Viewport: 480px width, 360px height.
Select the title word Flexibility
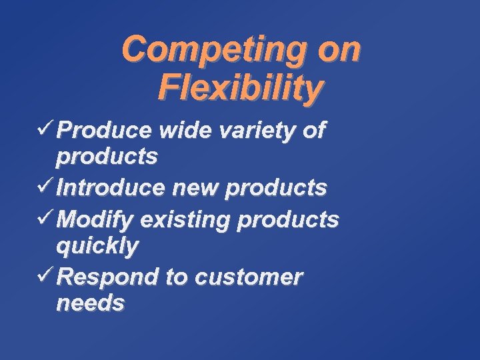coord(241,87)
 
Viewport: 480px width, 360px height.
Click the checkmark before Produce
coord(45,128)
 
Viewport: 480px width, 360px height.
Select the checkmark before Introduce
coord(45,186)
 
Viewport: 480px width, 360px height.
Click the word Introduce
coord(114,189)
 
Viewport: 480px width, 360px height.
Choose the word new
coord(198,189)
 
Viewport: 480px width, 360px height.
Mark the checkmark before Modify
coord(45,217)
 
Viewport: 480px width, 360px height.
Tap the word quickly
coord(97,246)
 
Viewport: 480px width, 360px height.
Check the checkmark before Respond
coord(45,274)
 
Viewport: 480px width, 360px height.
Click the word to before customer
coord(177,277)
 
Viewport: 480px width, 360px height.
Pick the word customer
coord(249,277)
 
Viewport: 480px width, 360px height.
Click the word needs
coord(90,303)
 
